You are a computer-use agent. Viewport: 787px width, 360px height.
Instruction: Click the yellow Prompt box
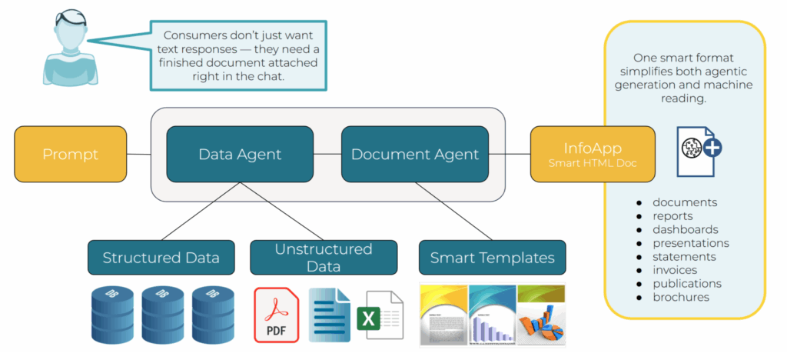[x=71, y=155]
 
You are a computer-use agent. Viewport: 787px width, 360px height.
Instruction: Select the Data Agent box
[x=240, y=155]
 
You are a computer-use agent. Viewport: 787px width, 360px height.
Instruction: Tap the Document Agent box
[x=415, y=155]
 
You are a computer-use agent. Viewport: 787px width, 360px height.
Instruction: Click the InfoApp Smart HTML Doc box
[x=593, y=155]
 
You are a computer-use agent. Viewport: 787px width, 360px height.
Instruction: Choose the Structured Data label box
[x=161, y=258]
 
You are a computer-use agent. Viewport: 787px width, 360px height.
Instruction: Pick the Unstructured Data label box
[x=324, y=258]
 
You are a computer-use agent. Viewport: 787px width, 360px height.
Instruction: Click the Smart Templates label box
[x=492, y=258]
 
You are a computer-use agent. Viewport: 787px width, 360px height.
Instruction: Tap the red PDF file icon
[x=277, y=315]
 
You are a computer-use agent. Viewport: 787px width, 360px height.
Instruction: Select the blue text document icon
[x=329, y=315]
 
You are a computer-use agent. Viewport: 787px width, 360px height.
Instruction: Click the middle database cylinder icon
[x=161, y=315]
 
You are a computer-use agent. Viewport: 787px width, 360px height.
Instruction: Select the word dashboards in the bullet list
[x=686, y=229]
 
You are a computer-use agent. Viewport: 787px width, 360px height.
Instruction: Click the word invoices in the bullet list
[x=675, y=270]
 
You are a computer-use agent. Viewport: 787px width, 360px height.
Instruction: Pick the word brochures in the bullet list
[x=681, y=297]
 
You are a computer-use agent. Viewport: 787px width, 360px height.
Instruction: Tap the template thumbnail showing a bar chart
[x=492, y=315]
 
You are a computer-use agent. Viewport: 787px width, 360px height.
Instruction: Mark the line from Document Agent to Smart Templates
[x=453, y=211]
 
